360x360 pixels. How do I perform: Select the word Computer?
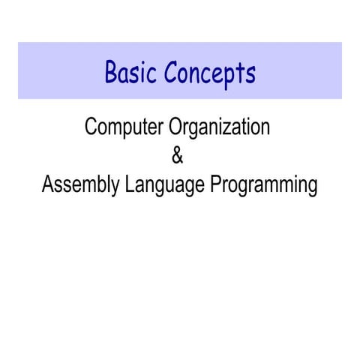tap(124, 127)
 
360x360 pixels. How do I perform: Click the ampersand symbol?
tap(177, 157)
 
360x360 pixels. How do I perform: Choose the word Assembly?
tap(79, 185)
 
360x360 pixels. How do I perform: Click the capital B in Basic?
tap(111, 72)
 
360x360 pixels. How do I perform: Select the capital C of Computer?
tap(91, 127)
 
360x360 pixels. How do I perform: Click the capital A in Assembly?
tap(47, 184)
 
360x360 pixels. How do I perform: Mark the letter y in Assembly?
tap(114, 187)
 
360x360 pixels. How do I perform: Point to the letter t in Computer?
tap(142, 127)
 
